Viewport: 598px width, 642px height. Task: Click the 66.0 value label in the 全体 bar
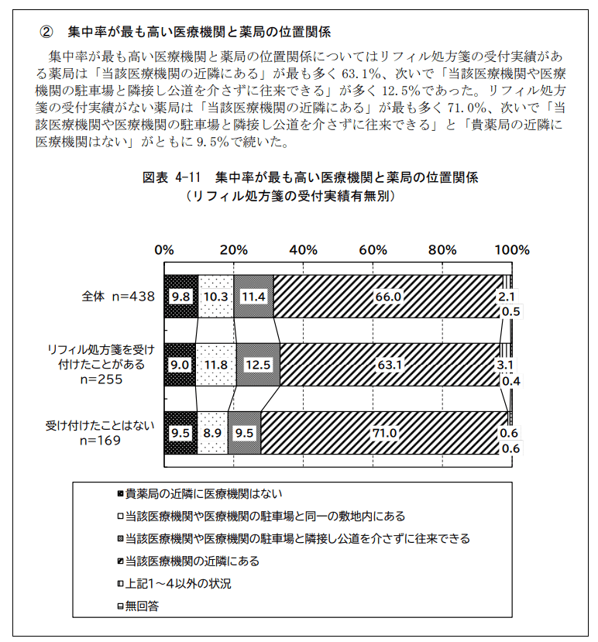click(x=388, y=296)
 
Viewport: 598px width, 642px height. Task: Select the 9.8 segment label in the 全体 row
click(x=180, y=296)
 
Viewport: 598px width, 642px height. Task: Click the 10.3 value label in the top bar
click(x=215, y=296)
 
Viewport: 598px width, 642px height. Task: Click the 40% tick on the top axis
click(x=304, y=250)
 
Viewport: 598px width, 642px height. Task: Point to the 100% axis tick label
click(x=512, y=250)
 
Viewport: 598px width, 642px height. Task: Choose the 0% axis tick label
click(x=164, y=250)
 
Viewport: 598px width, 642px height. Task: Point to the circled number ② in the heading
click(x=47, y=32)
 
